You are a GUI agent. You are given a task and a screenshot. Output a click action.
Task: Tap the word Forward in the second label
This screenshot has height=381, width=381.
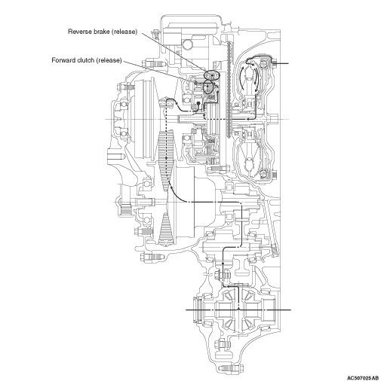62,60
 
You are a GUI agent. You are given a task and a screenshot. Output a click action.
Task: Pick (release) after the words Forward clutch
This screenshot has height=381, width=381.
109,60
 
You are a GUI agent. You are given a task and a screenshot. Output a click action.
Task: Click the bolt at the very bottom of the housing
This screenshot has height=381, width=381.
231,368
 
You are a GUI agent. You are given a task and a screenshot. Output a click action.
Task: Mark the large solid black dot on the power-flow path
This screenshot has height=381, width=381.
198,103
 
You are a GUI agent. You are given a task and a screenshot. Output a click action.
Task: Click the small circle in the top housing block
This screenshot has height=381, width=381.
187,44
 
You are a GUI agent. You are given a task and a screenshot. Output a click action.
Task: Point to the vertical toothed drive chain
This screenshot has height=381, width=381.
229,89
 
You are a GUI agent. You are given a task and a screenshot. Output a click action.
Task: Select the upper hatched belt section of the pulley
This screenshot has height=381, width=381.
165,160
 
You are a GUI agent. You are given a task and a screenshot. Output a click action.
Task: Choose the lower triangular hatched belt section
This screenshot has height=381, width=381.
166,229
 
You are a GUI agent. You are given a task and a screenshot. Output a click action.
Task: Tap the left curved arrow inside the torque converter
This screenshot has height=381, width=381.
242,77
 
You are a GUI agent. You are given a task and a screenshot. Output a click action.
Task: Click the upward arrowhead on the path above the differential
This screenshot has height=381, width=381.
223,263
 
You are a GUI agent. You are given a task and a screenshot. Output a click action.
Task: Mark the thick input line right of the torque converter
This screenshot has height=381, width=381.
281,63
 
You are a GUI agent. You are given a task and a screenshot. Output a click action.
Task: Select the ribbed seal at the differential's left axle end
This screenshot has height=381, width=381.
197,310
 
